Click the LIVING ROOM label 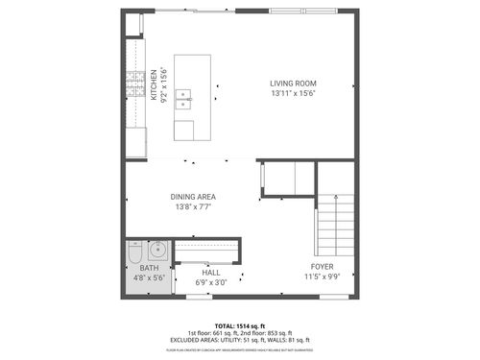click(x=294, y=83)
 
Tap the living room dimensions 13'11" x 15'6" click(x=294, y=94)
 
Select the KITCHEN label click(x=155, y=84)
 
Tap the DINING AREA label click(x=193, y=196)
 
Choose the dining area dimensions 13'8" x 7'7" click(x=193, y=206)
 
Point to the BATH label click(x=149, y=268)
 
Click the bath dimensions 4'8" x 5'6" click(x=149, y=277)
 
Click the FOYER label click(x=322, y=266)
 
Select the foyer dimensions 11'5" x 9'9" click(x=322, y=276)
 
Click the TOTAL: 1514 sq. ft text click(x=240, y=325)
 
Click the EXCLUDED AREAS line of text click(x=240, y=339)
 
